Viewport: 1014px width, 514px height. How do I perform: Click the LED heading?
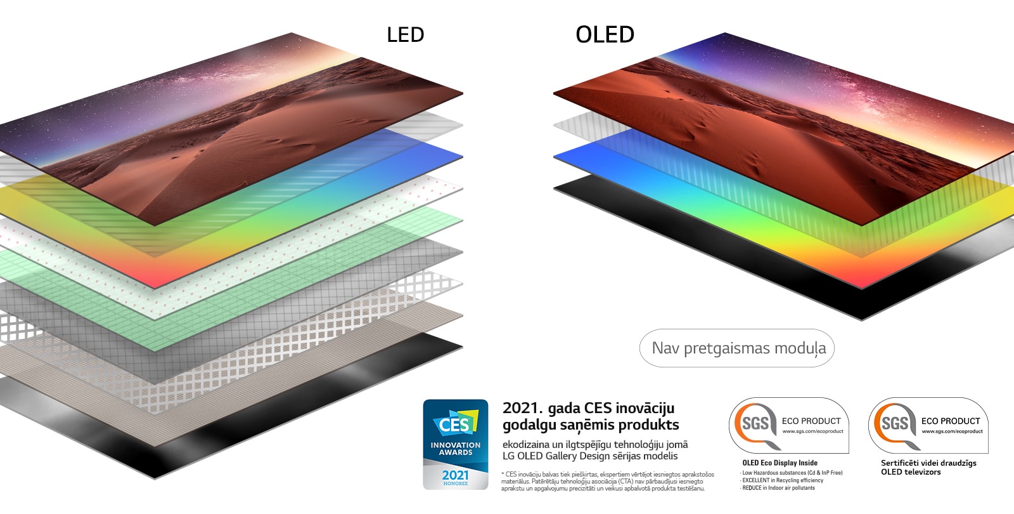tap(405, 35)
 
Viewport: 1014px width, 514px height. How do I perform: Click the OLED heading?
tap(605, 35)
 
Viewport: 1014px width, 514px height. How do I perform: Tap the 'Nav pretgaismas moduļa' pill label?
tap(738, 348)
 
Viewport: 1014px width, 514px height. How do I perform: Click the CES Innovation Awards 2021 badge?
tap(456, 444)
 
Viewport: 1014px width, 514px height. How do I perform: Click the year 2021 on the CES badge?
tap(456, 475)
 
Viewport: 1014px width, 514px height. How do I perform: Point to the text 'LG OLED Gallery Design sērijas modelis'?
tap(590, 456)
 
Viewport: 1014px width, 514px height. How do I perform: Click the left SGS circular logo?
tap(754, 424)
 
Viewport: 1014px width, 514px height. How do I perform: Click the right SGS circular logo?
tap(894, 424)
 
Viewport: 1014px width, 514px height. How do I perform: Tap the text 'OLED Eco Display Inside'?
tap(780, 463)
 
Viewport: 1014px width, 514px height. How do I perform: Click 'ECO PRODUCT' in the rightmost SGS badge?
tap(951, 421)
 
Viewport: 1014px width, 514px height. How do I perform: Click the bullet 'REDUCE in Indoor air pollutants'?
tap(778, 488)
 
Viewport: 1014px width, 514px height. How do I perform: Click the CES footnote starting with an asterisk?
tap(607, 481)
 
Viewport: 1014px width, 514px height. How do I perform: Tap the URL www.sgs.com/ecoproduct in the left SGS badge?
tap(812, 432)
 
